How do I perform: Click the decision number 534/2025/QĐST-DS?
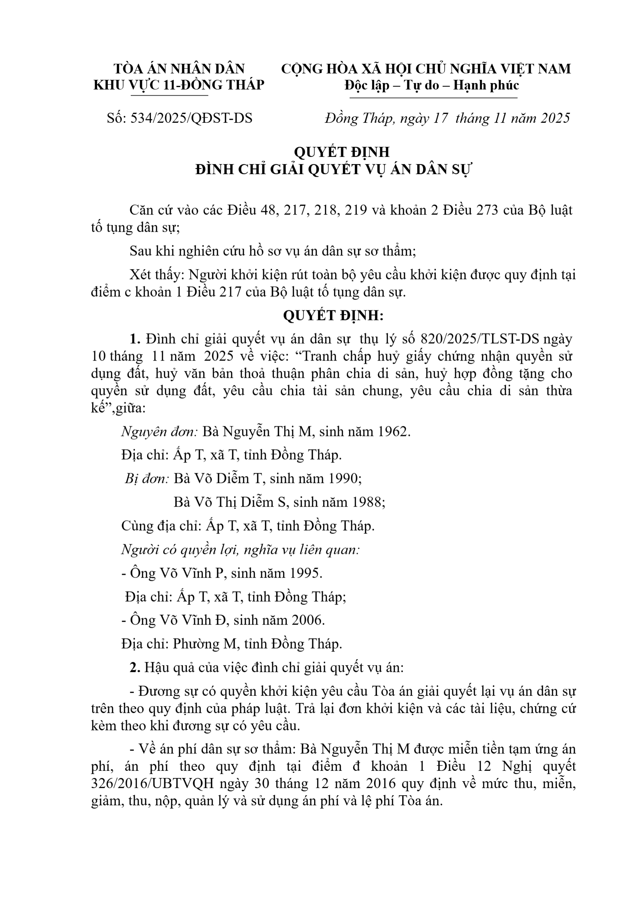[x=191, y=119]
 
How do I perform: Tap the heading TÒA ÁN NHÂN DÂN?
[x=179, y=69]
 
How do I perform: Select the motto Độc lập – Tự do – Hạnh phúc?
[x=431, y=85]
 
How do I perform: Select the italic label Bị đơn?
[x=147, y=478]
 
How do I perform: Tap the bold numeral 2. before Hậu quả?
[x=135, y=668]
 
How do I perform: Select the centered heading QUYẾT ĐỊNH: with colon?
[x=333, y=316]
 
